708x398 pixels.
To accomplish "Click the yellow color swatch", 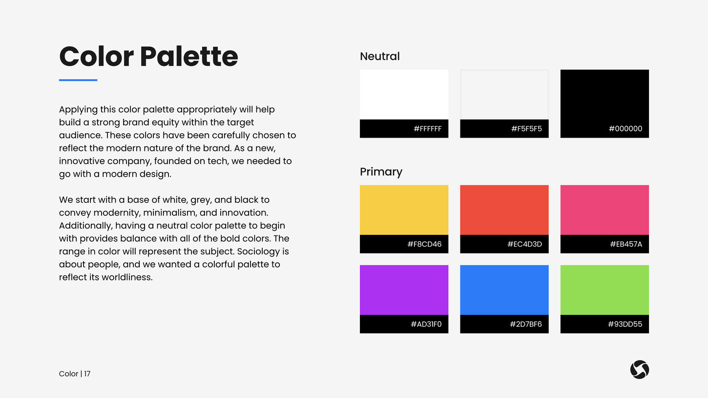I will (404, 210).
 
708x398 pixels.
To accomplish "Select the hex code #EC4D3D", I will (524, 244).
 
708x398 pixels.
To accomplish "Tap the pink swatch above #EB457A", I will (604, 210).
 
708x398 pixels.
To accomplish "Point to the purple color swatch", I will (404, 290).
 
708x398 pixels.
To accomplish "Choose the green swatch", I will (604, 290).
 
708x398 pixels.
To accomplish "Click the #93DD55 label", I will (625, 324).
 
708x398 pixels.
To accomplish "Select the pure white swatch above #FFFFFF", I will (404, 94).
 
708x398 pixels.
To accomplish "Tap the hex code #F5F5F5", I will (526, 129).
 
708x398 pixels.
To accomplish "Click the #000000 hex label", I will (625, 129).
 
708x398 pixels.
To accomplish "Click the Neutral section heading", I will (379, 57).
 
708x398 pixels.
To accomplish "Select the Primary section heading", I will (381, 172).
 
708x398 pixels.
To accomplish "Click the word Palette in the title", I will (189, 57).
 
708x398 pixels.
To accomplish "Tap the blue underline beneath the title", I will (78, 80).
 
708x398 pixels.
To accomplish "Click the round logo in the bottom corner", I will (639, 370).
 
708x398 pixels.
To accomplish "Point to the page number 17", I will (87, 374).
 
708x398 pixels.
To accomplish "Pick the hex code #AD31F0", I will (426, 324).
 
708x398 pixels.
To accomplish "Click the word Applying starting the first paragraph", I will (78, 109).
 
